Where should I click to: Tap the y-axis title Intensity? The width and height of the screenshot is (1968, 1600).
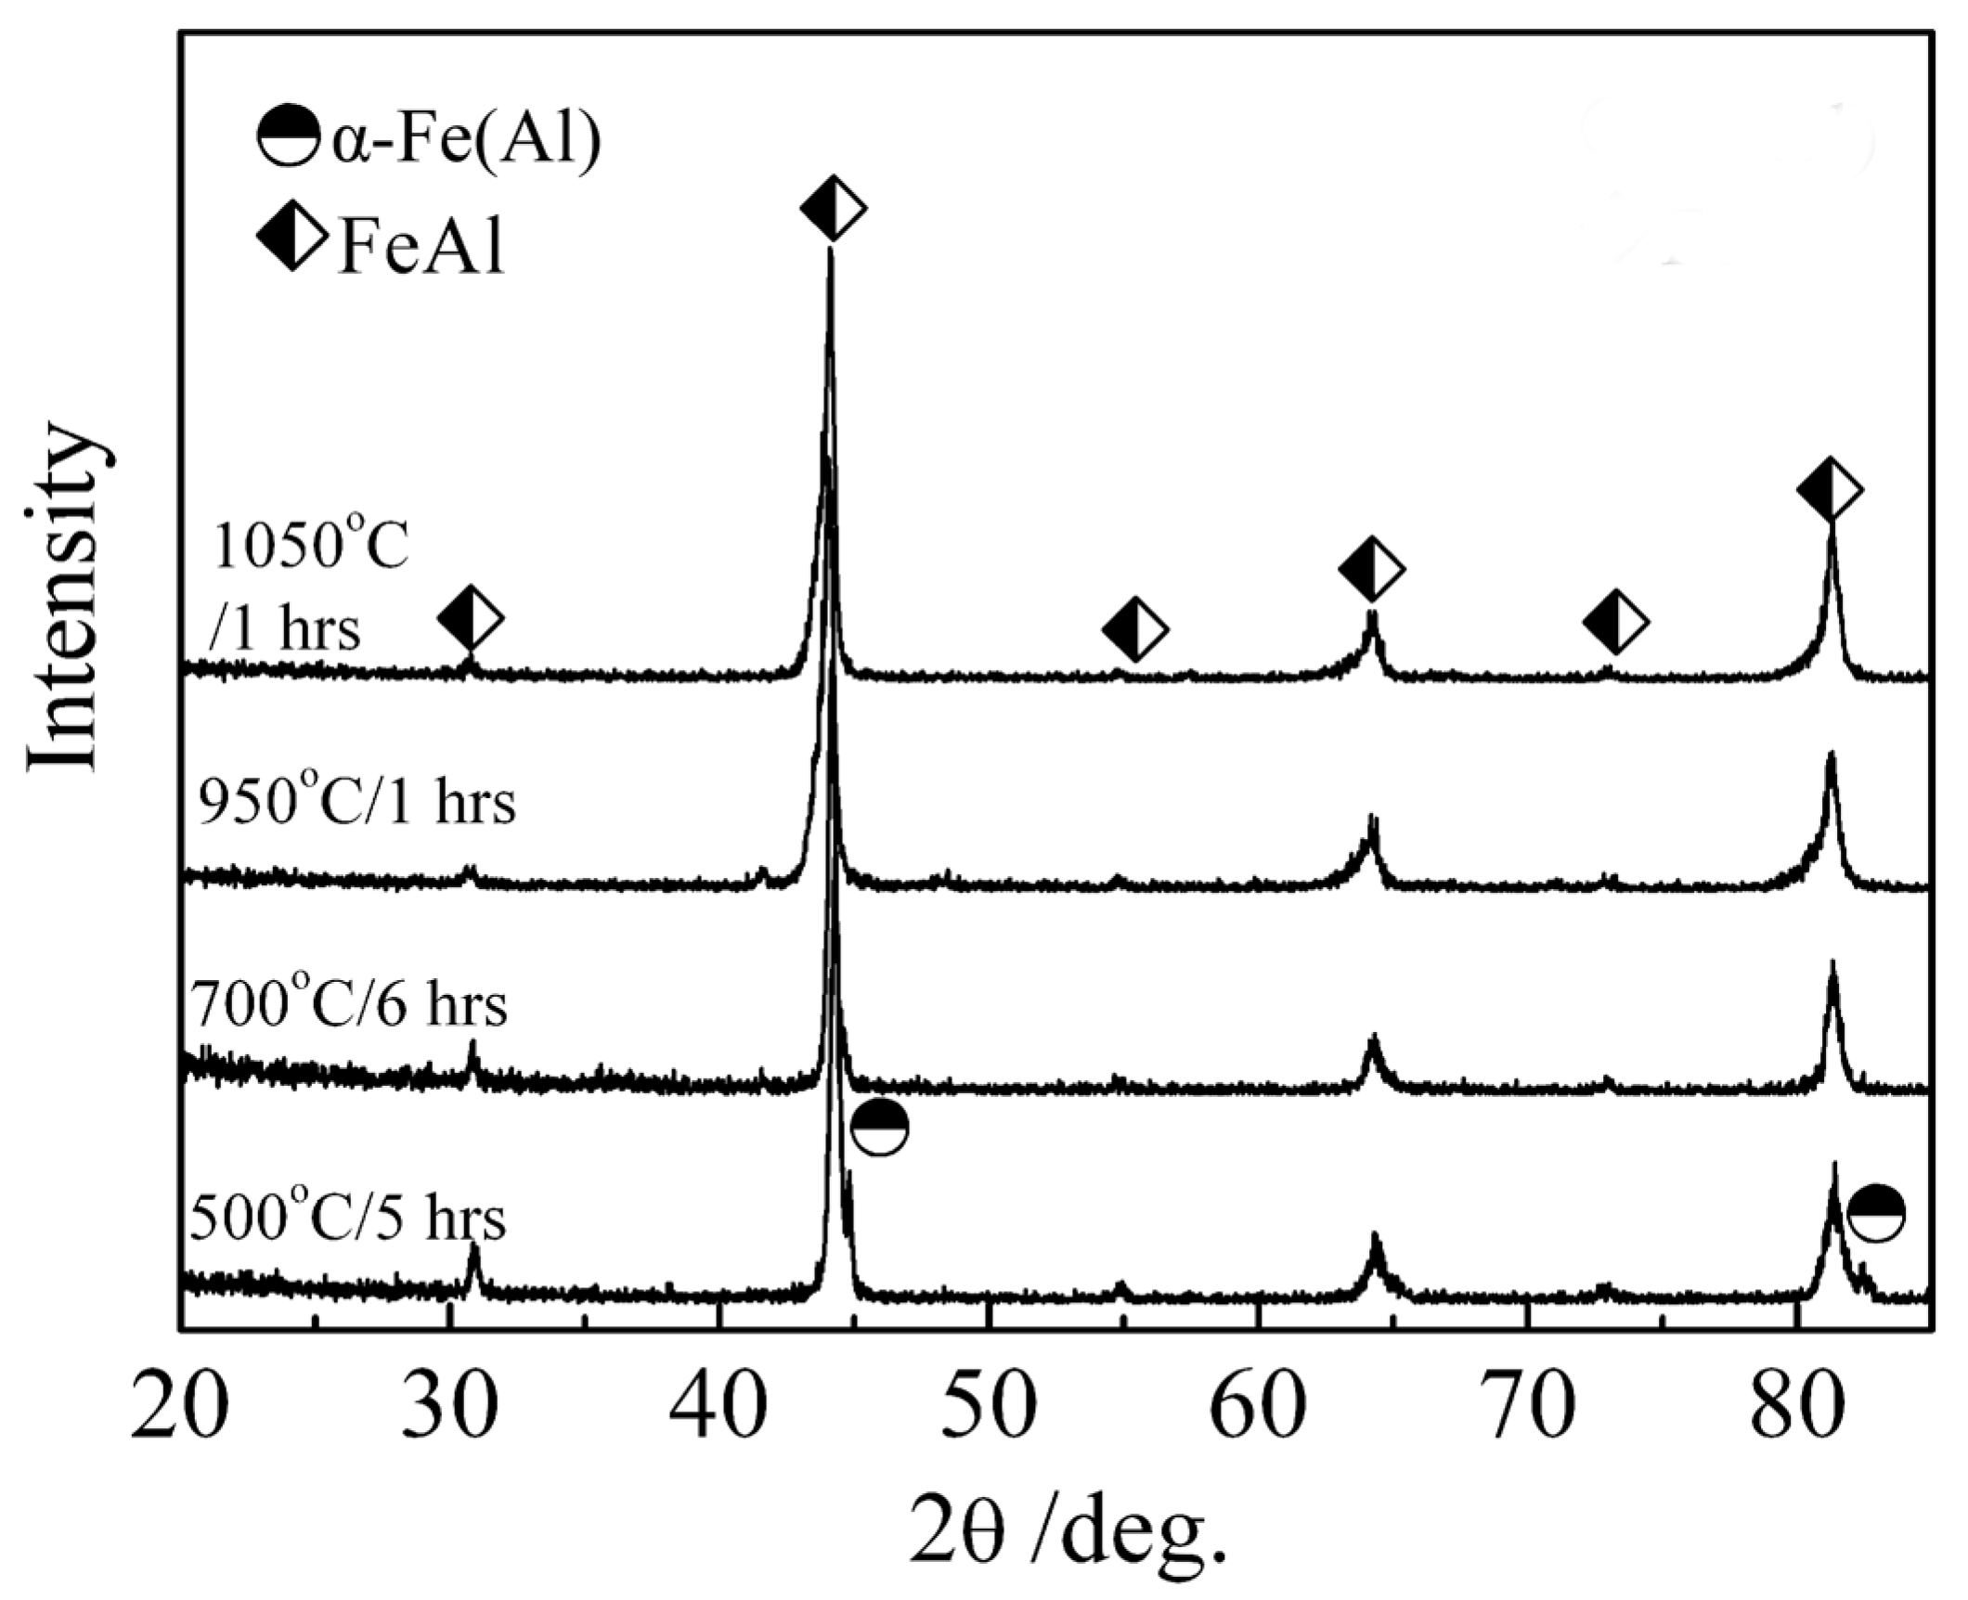click(63, 599)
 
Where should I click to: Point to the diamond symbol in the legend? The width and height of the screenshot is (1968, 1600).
click(291, 237)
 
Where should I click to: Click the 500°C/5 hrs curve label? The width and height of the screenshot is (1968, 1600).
click(348, 1218)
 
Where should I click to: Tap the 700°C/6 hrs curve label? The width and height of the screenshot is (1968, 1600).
click(349, 1005)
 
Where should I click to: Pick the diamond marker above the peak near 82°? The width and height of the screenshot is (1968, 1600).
click(1830, 489)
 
